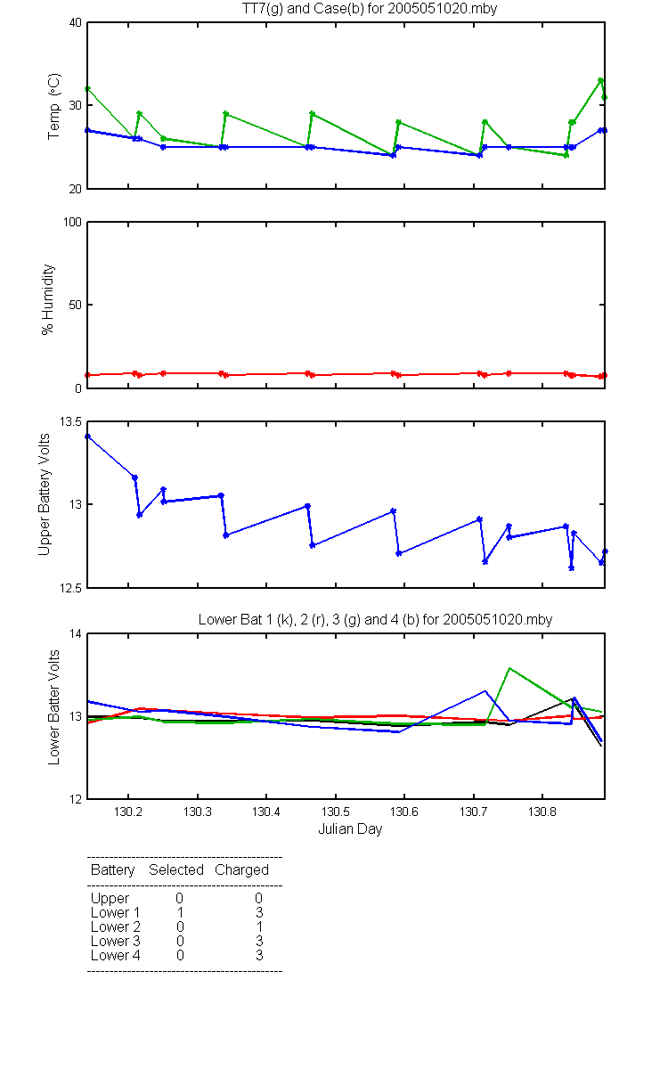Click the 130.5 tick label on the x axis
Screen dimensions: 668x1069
336,812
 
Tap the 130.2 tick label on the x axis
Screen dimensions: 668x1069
128,812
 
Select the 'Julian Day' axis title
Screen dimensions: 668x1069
350,829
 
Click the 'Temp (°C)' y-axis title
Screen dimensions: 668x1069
54,106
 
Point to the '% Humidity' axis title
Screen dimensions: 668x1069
48,299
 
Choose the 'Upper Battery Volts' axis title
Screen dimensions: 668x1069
44,494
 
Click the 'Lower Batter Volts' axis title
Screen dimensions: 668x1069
53,707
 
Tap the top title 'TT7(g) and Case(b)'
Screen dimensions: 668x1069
303,9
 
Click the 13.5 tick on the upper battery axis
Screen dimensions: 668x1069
70,421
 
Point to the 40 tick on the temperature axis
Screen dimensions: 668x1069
76,22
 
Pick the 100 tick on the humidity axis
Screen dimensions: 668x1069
72,222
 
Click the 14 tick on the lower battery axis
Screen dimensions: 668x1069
76,633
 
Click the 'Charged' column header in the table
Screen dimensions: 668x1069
241,870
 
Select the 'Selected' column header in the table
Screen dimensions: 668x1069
176,870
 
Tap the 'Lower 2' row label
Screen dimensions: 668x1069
116,926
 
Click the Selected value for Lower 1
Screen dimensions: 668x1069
180,912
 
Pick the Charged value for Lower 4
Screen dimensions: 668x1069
259,955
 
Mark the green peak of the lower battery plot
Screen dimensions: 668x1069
509,668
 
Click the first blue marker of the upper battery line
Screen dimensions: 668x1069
87,437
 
